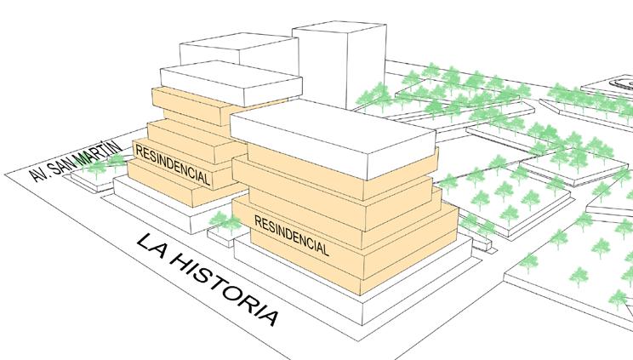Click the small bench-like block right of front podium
click(483, 242)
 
